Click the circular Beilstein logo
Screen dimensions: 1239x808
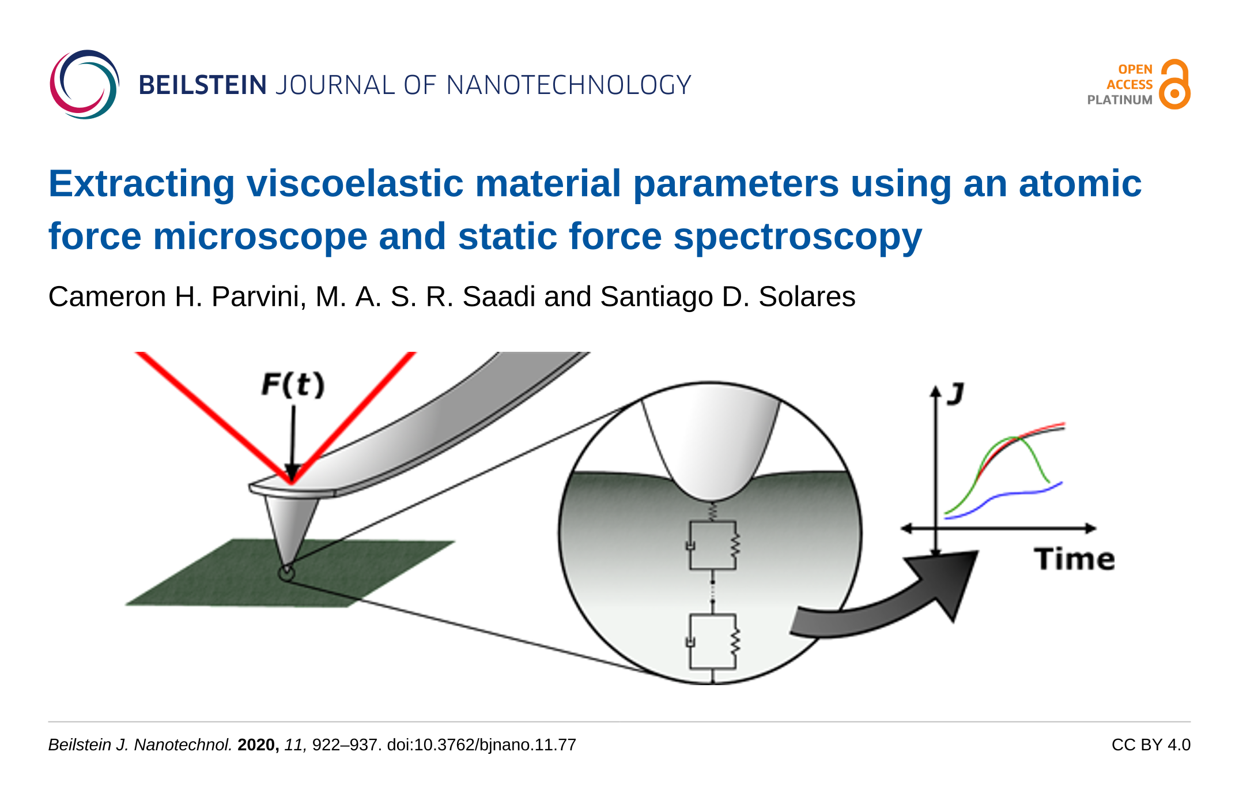[85, 85]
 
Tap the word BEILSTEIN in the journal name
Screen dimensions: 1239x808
[203, 85]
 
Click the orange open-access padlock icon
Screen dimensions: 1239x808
[1175, 84]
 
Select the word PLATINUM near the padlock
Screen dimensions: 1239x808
[1120, 100]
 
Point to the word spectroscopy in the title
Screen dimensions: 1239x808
[798, 237]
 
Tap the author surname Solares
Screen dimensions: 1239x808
[807, 296]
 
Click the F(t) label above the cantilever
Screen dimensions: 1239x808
[293, 384]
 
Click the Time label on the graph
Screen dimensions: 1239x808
[1074, 559]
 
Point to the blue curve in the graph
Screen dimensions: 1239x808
[1003, 494]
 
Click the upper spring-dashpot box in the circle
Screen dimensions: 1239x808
[713, 545]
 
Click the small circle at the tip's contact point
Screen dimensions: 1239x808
[286, 573]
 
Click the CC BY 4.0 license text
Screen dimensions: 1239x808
[1151, 745]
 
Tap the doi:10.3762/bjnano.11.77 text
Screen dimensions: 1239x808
[482, 745]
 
